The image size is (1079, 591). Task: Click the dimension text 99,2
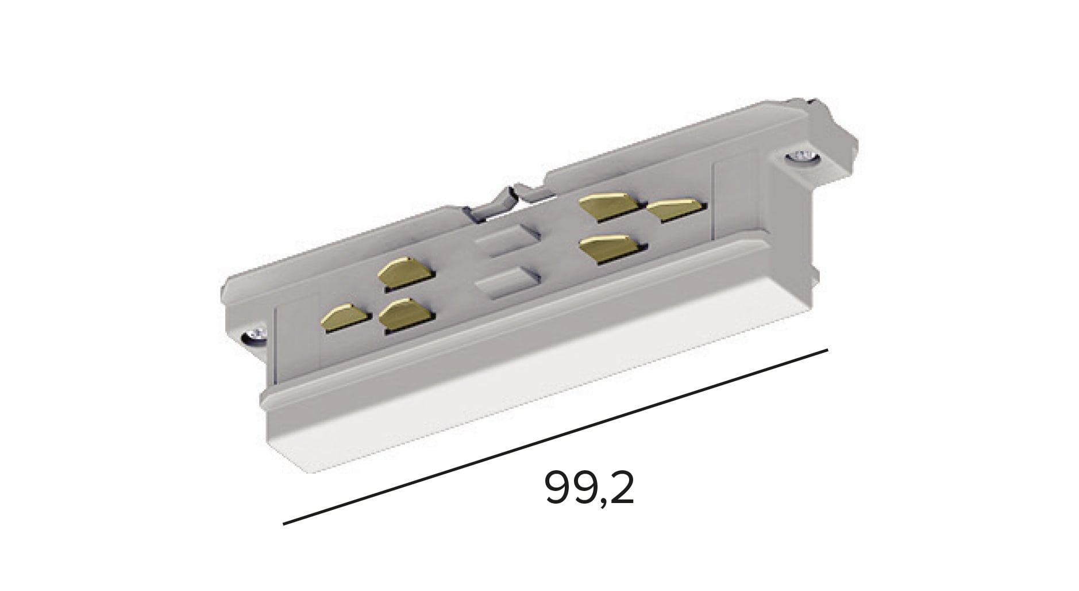pyautogui.click(x=588, y=488)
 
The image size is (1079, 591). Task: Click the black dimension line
pyautogui.click(x=555, y=437)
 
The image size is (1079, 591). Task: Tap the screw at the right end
pyautogui.click(x=802, y=156)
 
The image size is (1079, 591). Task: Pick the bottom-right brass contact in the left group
pyautogui.click(x=406, y=314)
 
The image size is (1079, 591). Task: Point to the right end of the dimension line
pyautogui.click(x=826, y=350)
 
